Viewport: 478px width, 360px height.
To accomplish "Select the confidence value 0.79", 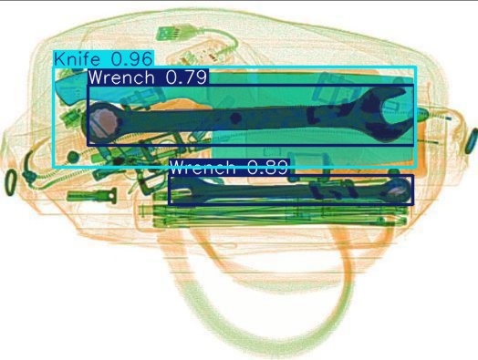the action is (186, 77).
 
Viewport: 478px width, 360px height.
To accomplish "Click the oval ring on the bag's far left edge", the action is (10, 180).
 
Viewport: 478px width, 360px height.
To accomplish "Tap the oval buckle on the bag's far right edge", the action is (472, 141).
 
